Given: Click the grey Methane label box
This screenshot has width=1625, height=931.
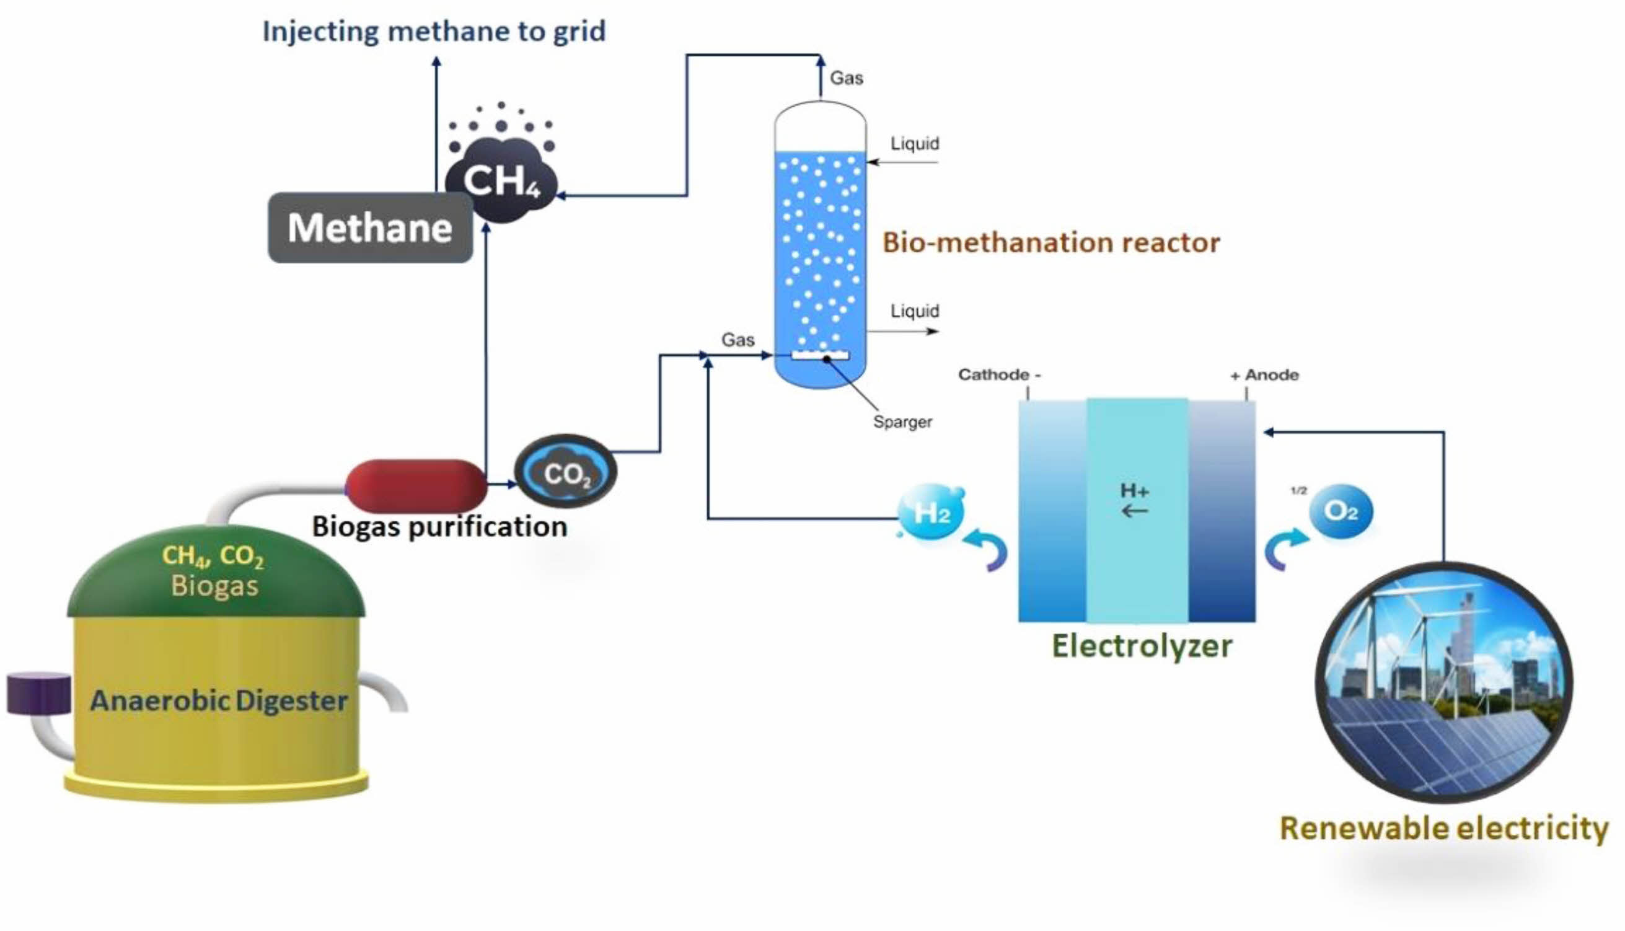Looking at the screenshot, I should pos(369,227).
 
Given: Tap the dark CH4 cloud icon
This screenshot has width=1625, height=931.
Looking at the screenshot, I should pos(501,181).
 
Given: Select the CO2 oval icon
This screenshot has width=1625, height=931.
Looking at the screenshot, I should pos(565,472).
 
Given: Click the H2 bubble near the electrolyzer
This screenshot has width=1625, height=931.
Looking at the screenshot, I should pos(931,512).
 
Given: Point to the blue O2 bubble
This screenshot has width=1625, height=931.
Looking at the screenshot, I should pos(1341,511).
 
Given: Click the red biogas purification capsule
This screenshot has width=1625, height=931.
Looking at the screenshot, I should pos(416,485).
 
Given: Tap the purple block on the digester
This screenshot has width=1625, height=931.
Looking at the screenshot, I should pos(38,693).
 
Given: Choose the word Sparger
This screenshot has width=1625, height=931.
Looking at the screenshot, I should pos(902,422).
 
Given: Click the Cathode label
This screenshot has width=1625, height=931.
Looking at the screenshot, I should pos(998,375).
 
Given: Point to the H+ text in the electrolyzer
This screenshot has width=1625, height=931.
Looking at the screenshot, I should pos(1134,491).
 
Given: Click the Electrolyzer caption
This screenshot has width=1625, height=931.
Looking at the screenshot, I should pos(1142,646).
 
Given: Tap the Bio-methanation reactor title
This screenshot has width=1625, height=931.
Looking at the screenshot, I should pos(1051,243).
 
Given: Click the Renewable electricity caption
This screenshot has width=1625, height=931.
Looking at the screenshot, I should pos(1443,828).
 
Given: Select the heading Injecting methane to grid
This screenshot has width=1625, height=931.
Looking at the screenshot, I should pos(434,31).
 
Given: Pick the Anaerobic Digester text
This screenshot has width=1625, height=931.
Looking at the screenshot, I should pos(219,701).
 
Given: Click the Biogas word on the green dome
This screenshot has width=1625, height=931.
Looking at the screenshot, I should pos(215,586).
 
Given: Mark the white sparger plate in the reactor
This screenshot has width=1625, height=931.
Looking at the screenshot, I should pos(820,356).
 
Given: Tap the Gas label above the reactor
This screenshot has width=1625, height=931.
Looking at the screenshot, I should pos(847,78).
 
